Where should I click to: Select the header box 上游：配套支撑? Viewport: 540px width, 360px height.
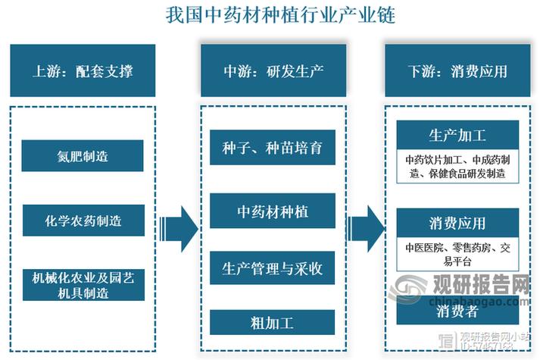(x=83, y=71)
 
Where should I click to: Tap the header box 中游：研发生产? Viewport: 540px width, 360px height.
(x=273, y=71)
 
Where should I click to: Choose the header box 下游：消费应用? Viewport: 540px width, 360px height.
(x=458, y=71)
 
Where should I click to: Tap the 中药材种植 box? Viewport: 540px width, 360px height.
(x=273, y=210)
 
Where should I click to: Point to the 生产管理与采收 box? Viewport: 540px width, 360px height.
(x=273, y=268)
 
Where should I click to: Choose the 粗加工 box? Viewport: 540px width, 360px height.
(x=273, y=323)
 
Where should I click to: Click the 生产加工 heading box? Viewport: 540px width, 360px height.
(x=457, y=136)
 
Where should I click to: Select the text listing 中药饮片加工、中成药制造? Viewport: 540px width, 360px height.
(x=457, y=167)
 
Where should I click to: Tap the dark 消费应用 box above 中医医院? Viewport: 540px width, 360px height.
(x=457, y=224)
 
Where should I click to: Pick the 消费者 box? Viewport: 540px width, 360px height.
(x=457, y=311)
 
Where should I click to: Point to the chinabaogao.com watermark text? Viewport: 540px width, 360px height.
(x=470, y=303)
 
